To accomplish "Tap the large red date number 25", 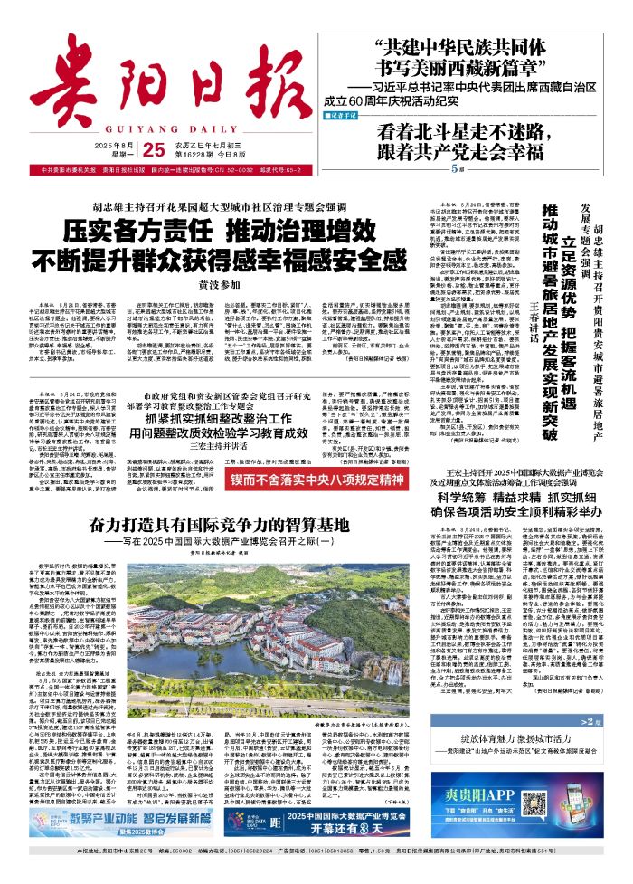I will click(148, 149).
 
